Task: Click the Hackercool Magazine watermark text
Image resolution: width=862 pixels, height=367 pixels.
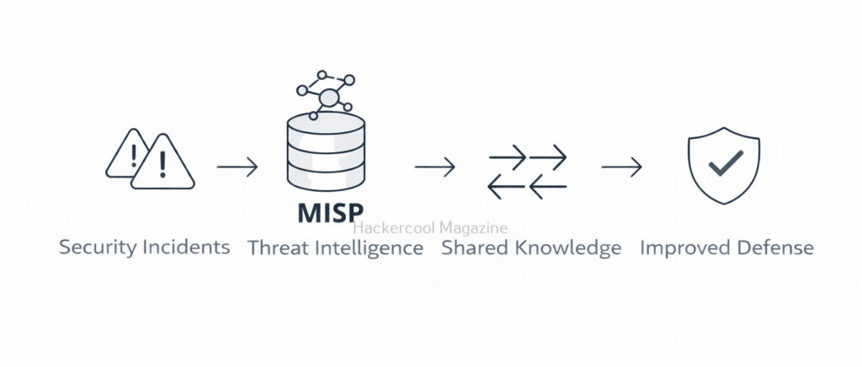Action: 431,227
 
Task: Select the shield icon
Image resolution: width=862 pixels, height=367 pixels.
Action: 724,166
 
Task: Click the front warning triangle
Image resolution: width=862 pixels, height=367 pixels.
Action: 162,166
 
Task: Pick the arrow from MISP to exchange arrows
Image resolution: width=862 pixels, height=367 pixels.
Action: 434,167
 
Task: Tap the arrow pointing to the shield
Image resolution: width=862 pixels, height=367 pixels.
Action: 621,167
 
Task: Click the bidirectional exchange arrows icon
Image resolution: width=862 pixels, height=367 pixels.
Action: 528,172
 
